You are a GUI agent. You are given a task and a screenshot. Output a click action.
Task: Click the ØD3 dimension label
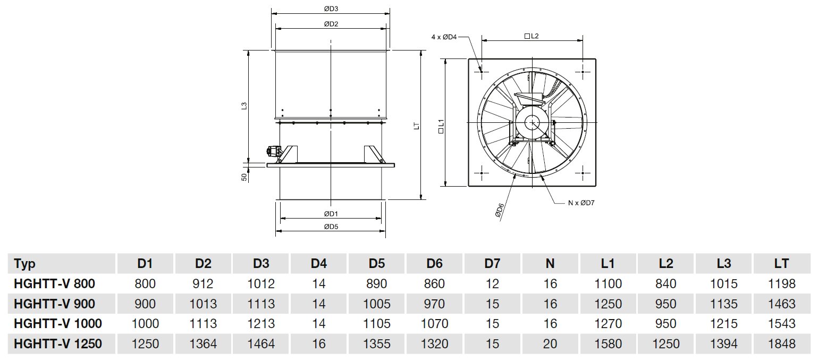[x=331, y=9]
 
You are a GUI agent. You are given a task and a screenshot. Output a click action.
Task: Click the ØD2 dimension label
[x=331, y=24]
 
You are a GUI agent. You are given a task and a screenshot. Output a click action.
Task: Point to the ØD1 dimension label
[x=331, y=213]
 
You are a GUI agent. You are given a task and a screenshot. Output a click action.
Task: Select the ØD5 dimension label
[x=331, y=227]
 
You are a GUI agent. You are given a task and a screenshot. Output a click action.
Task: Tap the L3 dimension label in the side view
[x=244, y=106]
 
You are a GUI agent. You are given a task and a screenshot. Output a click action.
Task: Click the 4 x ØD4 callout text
[x=444, y=37]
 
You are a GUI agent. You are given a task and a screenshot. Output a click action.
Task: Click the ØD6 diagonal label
[x=500, y=210]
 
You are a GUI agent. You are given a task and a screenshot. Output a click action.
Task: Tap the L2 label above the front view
[x=532, y=36]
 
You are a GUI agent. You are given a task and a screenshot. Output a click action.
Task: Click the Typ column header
[x=25, y=264]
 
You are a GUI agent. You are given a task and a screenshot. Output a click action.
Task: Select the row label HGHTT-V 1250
[x=57, y=344]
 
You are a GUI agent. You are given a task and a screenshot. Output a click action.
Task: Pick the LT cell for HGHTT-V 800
[x=782, y=284]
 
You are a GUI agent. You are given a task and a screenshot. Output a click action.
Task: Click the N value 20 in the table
[x=550, y=344]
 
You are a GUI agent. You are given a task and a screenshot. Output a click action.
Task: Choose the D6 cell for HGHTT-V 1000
[x=434, y=324]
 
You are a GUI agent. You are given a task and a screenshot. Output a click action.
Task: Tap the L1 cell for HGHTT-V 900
[x=608, y=304]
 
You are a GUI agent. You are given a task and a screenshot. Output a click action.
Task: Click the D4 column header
[x=318, y=264]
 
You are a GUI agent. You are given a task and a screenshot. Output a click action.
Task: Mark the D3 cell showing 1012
[x=261, y=284]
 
